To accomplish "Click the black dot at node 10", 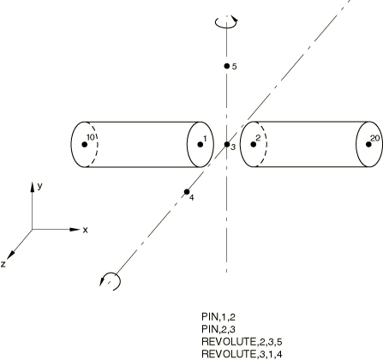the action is point(84,144).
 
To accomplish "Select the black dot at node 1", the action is point(200,144).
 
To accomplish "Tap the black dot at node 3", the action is point(227,144).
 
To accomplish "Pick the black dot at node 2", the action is point(254,144).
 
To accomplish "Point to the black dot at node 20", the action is point(368,144).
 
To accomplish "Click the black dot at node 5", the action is point(227,66).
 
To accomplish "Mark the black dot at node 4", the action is point(187,191).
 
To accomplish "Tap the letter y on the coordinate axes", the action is point(39,186).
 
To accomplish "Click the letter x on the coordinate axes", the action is point(85,230).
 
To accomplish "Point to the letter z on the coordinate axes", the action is point(3,264).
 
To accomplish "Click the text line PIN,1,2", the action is point(218,316).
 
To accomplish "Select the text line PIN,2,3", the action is point(218,329).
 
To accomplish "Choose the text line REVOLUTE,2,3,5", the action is point(242,342).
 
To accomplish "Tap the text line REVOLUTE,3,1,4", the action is point(242,354).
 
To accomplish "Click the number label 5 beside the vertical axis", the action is point(234,67).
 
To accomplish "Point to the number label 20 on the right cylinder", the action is point(375,138).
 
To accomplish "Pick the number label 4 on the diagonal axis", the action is point(192,197).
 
